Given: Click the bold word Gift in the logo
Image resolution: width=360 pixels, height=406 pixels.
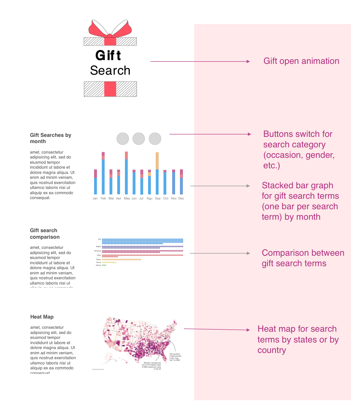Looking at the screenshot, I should pyautogui.click(x=108, y=55).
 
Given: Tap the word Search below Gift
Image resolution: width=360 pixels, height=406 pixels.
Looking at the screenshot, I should pyautogui.click(x=110, y=70).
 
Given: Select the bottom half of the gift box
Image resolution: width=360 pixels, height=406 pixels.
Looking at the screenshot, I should pyautogui.click(x=110, y=89).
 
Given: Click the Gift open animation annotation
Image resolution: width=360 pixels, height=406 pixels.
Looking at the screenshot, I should pyautogui.click(x=301, y=61).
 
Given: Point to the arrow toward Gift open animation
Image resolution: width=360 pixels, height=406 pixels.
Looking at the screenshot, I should pyautogui.click(x=200, y=61).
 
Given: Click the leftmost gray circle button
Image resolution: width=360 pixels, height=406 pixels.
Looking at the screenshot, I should pyautogui.click(x=123, y=138).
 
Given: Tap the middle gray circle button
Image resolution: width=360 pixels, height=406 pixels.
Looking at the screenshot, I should pyautogui.click(x=139, y=138).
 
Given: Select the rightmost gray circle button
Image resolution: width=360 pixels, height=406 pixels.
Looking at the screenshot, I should pyautogui.click(x=155, y=138).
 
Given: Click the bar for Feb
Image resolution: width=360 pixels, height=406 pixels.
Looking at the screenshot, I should pyautogui.click(x=103, y=174).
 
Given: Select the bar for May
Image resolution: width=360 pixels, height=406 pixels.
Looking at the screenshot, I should pyautogui.click(x=126, y=174).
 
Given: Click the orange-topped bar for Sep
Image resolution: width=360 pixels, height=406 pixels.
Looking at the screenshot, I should pyautogui.click(x=157, y=174).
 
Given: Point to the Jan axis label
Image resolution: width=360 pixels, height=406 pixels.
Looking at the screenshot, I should pyautogui.click(x=95, y=198).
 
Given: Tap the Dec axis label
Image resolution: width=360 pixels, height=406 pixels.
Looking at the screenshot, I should pyautogui.click(x=181, y=198).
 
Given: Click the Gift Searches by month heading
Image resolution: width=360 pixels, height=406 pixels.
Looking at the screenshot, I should pyautogui.click(x=50, y=138).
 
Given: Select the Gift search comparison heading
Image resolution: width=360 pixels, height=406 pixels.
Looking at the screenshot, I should pyautogui.click(x=45, y=233).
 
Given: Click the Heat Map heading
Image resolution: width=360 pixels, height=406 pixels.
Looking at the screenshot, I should pyautogui.click(x=42, y=317).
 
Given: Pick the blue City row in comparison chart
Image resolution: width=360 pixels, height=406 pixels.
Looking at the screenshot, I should pyautogui.click(x=142, y=241).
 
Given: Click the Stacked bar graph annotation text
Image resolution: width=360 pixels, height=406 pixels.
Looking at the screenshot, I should pyautogui.click(x=300, y=201).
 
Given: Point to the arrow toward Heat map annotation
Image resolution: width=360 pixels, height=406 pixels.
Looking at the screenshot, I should pyautogui.click(x=216, y=329).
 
